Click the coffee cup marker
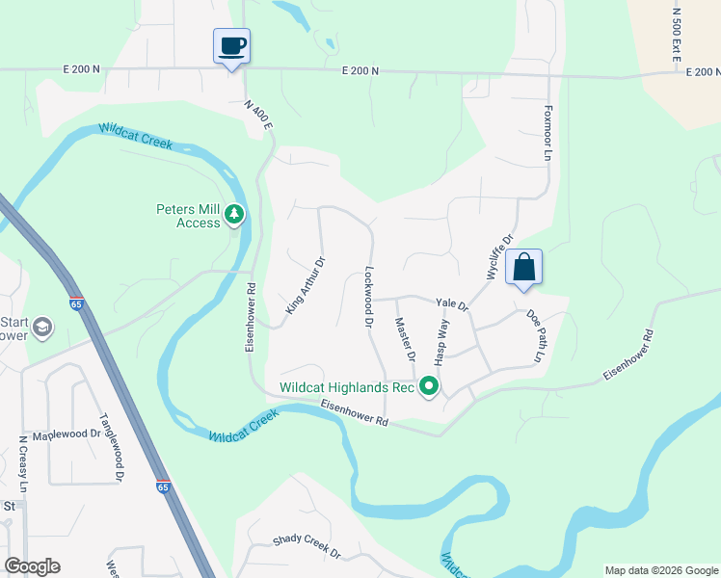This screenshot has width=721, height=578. [231, 45]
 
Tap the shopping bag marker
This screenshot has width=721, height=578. [523, 267]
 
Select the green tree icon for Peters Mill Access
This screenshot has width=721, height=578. [234, 215]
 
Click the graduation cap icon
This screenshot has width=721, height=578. [41, 328]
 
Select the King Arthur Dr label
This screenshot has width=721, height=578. [306, 284]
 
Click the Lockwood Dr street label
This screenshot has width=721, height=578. [368, 298]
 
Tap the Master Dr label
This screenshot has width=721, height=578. [405, 339]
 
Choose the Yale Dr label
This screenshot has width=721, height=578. [451, 303]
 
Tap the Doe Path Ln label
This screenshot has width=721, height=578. [535, 336]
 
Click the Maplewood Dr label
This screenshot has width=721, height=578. [67, 434]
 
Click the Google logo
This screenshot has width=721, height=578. [32, 566]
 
